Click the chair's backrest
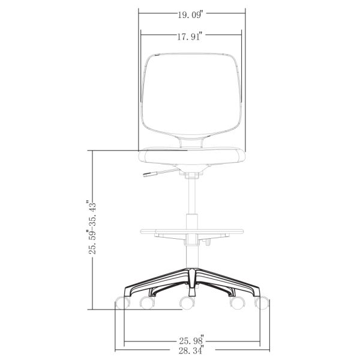192,93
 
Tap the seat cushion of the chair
192,157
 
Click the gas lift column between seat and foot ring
192,198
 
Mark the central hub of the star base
192,280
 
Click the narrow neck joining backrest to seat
192,142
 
